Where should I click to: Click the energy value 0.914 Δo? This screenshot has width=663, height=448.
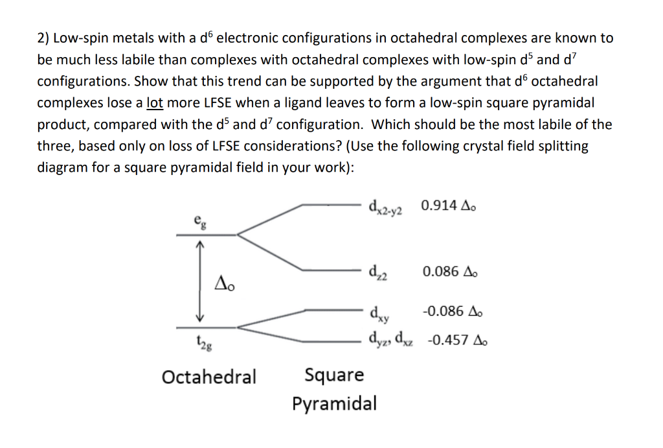pos(451,206)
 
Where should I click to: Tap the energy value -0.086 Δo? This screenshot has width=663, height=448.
pos(451,311)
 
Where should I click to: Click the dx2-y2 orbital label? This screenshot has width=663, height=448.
pos(385,207)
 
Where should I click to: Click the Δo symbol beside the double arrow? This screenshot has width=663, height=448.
pos(223,282)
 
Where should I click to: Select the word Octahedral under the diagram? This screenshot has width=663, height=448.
pos(208,376)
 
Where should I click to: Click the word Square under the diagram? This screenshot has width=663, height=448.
pos(333,375)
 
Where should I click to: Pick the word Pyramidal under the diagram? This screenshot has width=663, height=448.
pos(333,403)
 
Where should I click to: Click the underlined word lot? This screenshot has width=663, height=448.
pos(154,102)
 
